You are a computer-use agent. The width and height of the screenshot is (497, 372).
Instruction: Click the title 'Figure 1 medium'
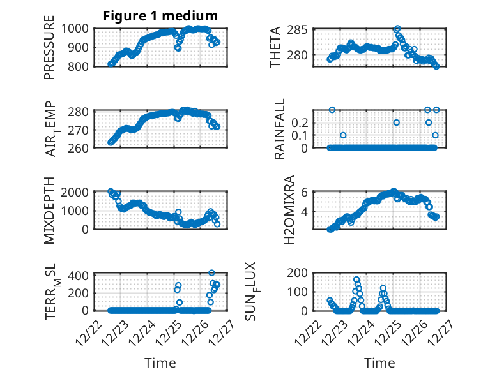[160, 16]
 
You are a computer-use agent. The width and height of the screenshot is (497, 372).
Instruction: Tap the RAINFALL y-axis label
[280, 129]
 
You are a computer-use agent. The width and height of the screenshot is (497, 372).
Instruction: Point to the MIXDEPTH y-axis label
[49, 210]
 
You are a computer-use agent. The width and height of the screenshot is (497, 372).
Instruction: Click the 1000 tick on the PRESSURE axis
[79, 28]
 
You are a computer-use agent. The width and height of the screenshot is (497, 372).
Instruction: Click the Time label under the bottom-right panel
[379, 362]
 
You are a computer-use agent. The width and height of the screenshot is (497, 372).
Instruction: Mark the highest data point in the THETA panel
[397, 29]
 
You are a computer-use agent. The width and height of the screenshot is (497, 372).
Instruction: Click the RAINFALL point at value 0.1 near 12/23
[343, 135]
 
